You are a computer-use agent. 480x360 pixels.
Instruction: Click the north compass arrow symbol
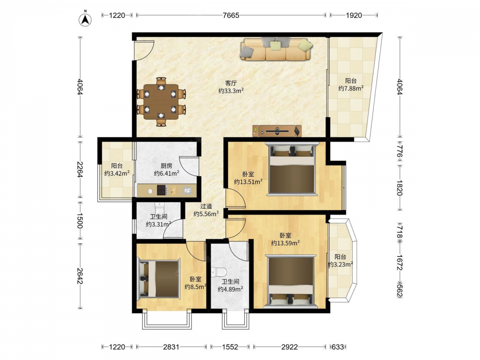(x=85, y=19)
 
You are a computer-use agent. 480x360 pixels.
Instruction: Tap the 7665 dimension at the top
(x=231, y=15)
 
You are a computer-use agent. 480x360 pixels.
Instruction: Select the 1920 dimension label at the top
(x=354, y=15)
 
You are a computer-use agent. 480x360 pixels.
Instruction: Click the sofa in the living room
(x=276, y=49)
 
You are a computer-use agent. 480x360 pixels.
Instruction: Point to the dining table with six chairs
(x=161, y=102)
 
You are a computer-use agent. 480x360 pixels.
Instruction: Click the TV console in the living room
(x=277, y=131)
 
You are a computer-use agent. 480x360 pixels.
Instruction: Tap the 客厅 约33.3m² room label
(x=231, y=87)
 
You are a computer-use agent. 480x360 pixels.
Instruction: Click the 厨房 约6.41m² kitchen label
(x=166, y=169)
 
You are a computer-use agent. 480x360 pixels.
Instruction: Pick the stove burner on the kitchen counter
(x=162, y=190)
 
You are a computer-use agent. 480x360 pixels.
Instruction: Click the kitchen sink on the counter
(x=187, y=191)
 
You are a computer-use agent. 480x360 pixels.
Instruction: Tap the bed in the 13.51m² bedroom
(x=292, y=169)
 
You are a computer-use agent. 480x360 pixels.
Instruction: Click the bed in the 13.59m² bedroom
(x=290, y=281)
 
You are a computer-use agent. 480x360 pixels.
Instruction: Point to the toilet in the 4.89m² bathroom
(x=219, y=272)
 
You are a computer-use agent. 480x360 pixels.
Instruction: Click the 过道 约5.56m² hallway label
(x=206, y=210)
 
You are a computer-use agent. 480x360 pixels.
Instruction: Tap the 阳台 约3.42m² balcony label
(x=117, y=169)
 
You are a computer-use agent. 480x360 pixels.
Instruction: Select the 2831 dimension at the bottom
(x=171, y=347)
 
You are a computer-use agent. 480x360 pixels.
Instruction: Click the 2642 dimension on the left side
(x=80, y=276)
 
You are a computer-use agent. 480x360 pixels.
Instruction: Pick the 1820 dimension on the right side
(x=400, y=188)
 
